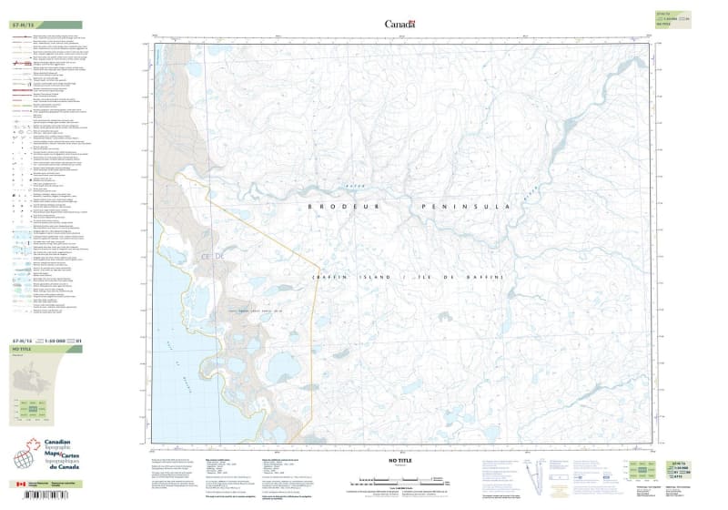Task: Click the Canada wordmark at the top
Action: [x=399, y=24]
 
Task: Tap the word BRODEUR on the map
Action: [x=339, y=208]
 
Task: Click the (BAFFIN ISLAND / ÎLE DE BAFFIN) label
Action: [x=406, y=277]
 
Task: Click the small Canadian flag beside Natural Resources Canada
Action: [x=22, y=483]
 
